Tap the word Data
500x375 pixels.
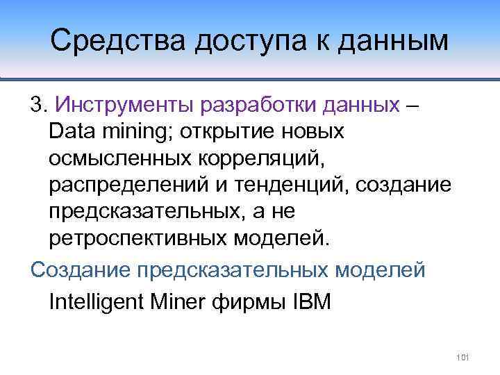pos(72,131)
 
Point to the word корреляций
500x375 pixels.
pos(253,158)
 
